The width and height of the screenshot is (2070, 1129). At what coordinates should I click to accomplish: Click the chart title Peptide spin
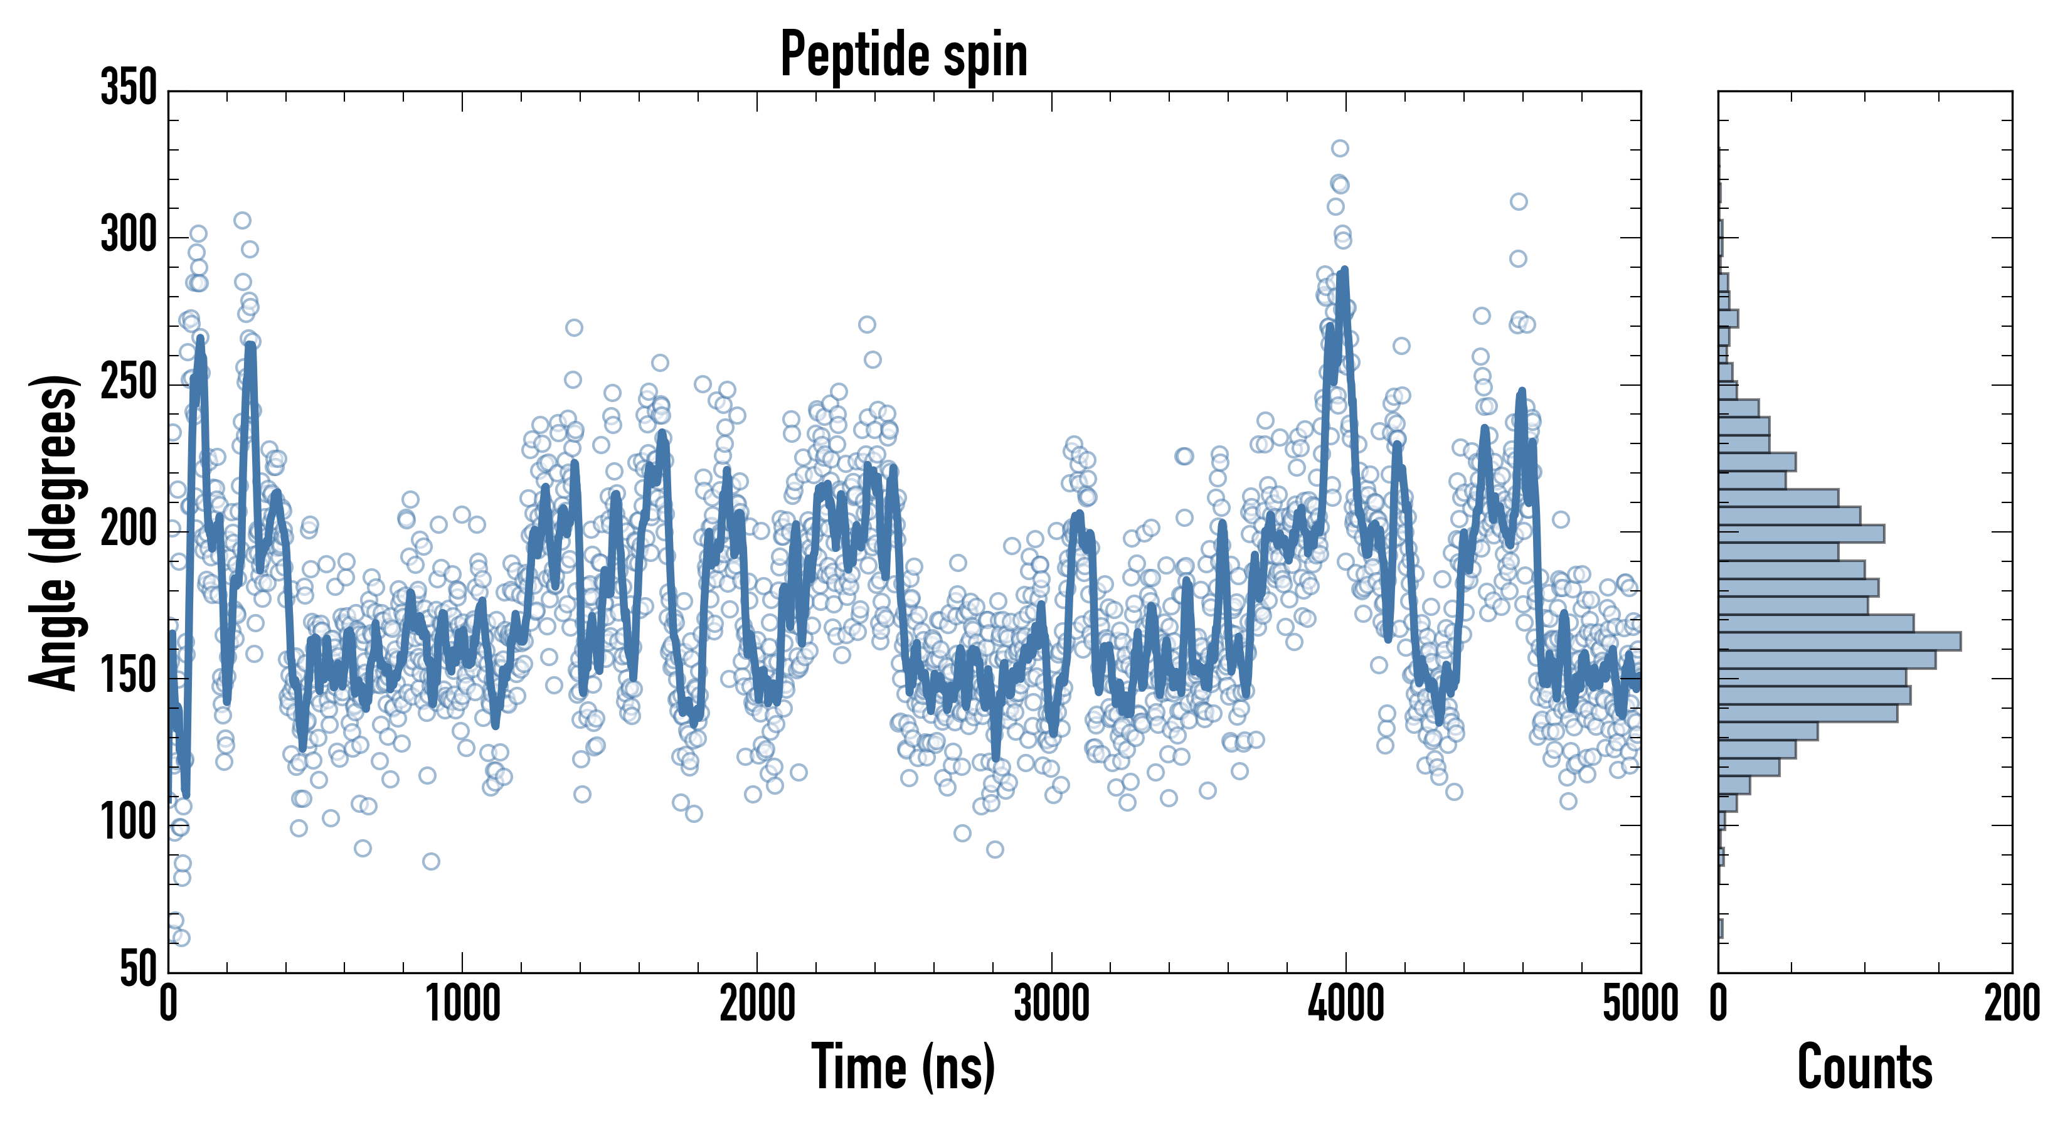point(904,55)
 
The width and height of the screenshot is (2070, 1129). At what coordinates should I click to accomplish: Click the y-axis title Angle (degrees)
point(54,532)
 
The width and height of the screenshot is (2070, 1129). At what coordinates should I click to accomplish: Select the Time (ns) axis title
point(904,1067)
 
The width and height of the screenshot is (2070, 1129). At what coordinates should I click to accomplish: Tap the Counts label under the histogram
point(1864,1067)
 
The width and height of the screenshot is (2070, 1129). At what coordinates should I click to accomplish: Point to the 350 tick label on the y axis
point(129,88)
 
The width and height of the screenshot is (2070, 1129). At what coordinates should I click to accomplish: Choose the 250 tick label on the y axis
point(129,383)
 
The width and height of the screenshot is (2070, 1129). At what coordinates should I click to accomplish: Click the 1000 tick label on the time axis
point(463,1004)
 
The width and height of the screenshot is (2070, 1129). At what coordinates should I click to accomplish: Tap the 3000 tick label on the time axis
point(1051,1004)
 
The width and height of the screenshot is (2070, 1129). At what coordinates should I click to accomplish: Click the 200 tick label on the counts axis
point(2011,1004)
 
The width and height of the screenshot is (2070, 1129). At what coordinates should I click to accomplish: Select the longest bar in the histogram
point(1840,641)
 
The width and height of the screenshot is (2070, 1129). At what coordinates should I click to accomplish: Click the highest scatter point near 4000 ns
point(1340,148)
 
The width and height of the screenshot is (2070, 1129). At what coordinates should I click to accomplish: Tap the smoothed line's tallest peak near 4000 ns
point(1344,271)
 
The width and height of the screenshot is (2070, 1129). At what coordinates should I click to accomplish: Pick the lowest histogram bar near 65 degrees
point(1721,929)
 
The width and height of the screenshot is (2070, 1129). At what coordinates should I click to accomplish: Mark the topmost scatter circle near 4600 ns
point(1518,202)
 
